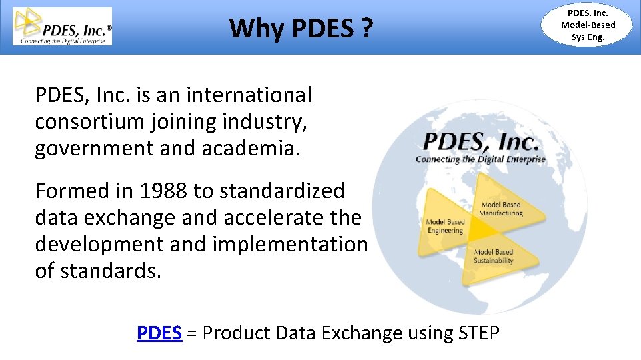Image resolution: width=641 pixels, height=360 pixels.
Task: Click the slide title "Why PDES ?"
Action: [x=301, y=28]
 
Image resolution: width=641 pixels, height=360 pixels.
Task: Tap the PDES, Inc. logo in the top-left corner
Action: [x=63, y=27]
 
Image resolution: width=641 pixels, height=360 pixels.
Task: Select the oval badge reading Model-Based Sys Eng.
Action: [x=588, y=25]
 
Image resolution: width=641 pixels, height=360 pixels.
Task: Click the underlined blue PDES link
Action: [x=159, y=333]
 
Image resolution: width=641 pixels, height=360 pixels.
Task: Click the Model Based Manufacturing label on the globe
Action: [x=501, y=209]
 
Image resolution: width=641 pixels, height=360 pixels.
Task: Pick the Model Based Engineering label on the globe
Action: [x=445, y=226]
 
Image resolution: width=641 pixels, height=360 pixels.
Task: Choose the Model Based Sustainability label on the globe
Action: [x=494, y=256]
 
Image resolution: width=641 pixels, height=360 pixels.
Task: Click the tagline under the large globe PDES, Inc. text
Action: [x=480, y=159]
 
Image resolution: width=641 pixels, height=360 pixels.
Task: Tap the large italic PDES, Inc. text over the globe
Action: [x=480, y=142]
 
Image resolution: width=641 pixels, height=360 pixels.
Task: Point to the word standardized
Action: [x=281, y=191]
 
